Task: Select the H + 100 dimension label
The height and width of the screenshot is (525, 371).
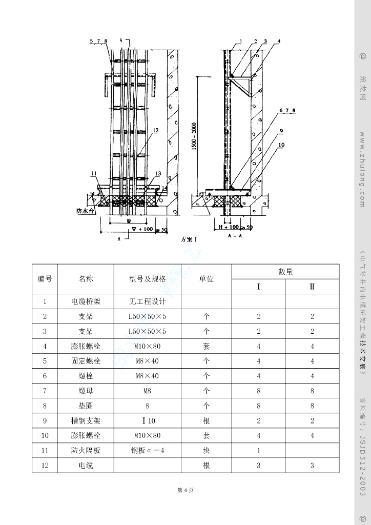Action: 229,227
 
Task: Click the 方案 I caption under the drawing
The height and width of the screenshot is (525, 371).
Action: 189,239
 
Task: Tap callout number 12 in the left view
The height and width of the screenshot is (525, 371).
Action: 156,131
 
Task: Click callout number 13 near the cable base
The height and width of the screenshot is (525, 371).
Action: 157,174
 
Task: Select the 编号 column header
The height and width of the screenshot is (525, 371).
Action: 45,279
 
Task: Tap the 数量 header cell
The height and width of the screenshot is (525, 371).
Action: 285,272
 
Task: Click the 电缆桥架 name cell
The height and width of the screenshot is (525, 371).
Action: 86,302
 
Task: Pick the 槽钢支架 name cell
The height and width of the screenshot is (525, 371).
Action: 86,421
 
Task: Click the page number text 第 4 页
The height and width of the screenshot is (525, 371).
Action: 185,490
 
